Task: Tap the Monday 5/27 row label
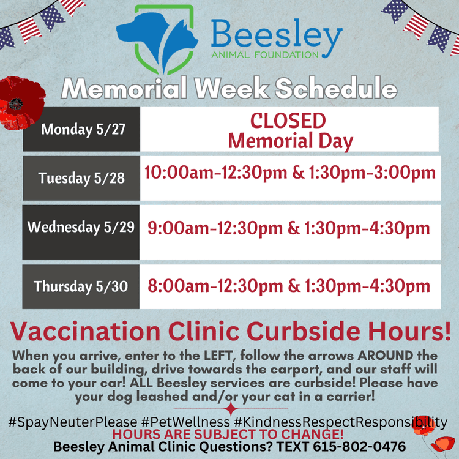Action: pos(81,129)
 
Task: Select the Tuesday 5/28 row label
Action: pos(81,178)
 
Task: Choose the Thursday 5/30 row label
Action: pos(81,286)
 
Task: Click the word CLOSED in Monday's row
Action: pos(288,120)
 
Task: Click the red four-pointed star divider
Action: pos(230,409)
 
